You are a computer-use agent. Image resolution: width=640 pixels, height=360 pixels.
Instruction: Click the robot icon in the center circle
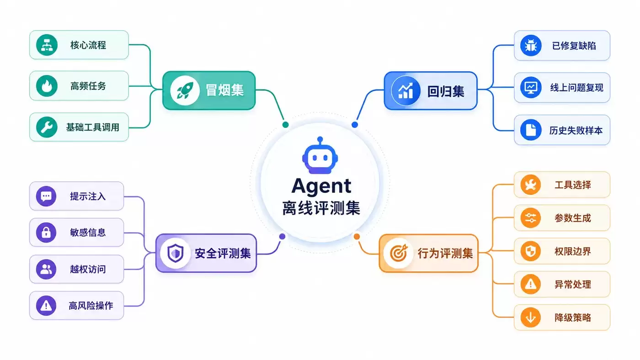click(320, 155)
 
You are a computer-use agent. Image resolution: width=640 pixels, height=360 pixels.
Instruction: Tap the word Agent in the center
click(321, 186)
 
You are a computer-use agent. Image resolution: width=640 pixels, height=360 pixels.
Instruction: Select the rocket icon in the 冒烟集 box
click(185, 90)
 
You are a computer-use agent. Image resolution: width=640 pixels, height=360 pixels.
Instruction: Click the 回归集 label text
click(446, 91)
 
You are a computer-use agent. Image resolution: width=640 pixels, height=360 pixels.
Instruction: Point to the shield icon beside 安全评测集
click(175, 253)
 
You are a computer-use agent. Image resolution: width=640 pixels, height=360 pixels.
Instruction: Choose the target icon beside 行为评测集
click(399, 253)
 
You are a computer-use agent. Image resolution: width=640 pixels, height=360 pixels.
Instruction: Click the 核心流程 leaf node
click(79, 45)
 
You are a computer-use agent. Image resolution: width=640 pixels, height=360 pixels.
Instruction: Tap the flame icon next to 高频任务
click(47, 86)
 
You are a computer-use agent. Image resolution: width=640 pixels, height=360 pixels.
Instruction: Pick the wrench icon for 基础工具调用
click(47, 127)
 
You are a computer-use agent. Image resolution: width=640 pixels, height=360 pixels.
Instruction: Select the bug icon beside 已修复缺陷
click(531, 46)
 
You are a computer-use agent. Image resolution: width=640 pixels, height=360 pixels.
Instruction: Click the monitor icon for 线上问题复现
click(531, 87)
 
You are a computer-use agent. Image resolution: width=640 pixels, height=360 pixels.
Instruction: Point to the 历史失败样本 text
click(576, 131)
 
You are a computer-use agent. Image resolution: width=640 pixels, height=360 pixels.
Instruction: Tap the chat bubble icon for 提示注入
click(46, 196)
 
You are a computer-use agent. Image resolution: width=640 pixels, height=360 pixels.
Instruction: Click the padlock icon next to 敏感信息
click(46, 233)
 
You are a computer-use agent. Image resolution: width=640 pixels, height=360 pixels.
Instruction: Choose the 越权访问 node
click(77, 269)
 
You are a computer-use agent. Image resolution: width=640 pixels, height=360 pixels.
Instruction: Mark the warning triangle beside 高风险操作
click(46, 306)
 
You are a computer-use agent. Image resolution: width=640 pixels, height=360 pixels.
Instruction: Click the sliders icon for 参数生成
click(531, 218)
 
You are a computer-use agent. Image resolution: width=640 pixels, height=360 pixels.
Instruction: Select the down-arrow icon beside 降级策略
click(531, 317)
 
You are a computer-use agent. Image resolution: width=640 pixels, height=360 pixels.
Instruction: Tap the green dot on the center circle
click(285, 124)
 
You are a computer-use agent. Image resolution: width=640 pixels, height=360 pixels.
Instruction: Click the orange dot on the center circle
click(357, 236)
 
